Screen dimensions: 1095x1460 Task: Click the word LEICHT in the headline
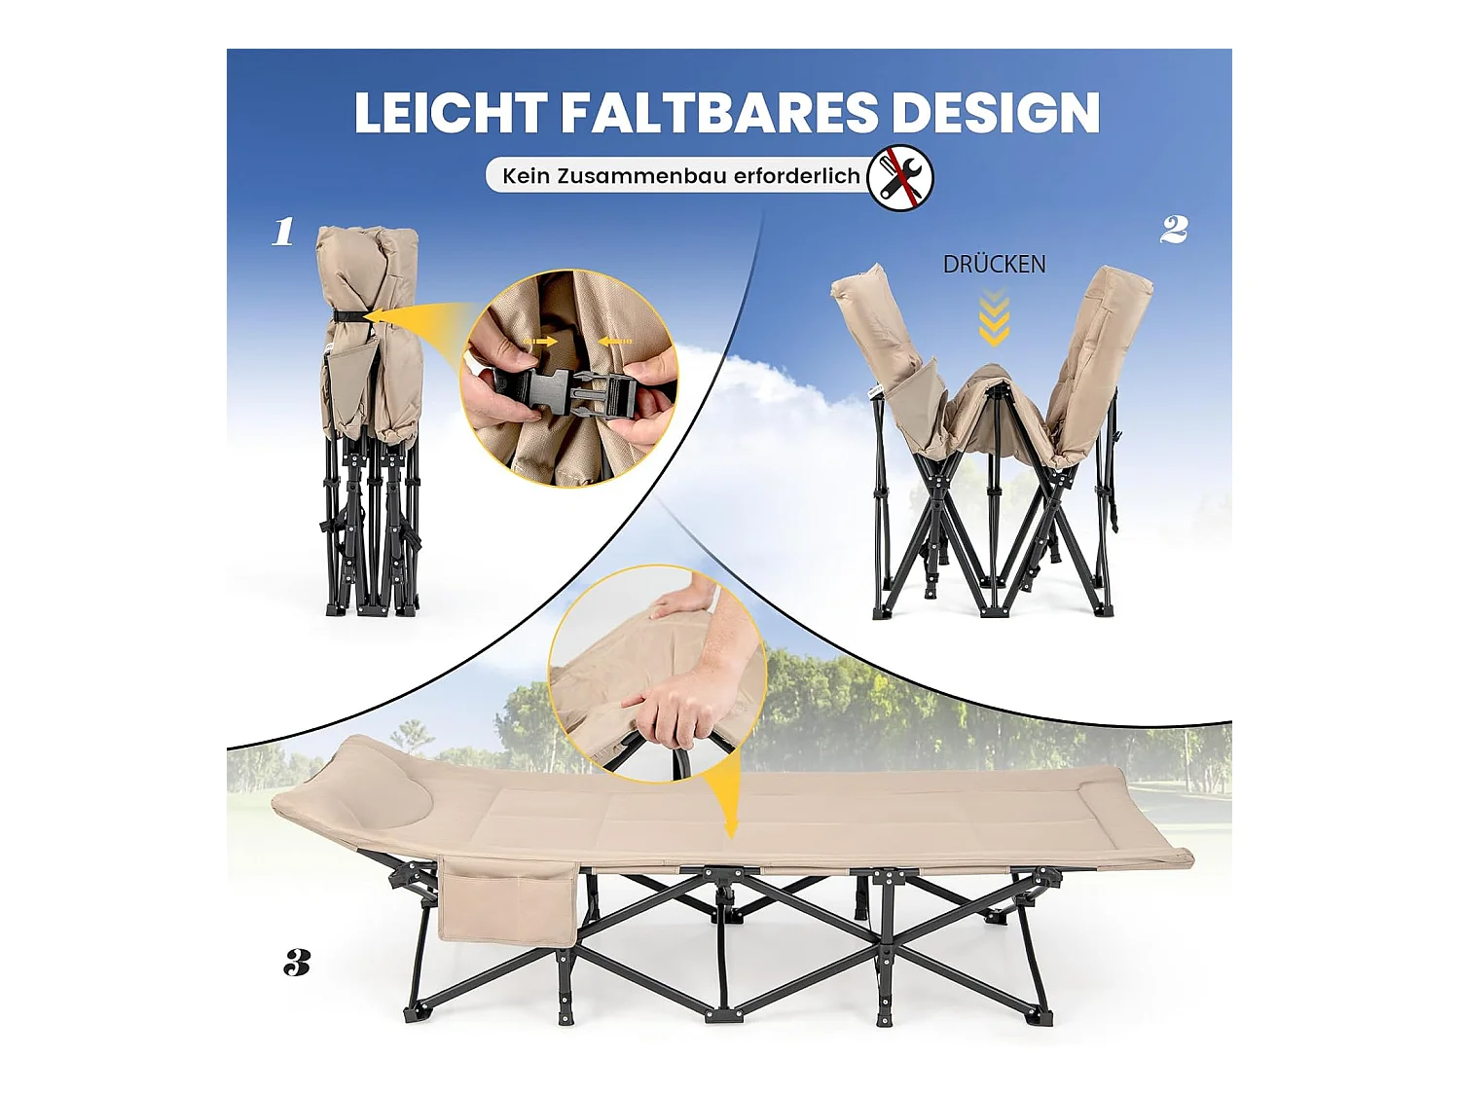pyautogui.click(x=449, y=113)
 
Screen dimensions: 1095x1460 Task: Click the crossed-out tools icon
pyautogui.click(x=900, y=177)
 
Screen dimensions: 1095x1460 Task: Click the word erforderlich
pyautogui.click(x=796, y=176)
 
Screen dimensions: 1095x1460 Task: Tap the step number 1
pyautogui.click(x=283, y=232)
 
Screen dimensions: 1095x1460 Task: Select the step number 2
pyautogui.click(x=1174, y=230)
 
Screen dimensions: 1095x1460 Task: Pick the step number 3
pyautogui.click(x=297, y=963)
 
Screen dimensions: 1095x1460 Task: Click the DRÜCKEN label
pyautogui.click(x=994, y=264)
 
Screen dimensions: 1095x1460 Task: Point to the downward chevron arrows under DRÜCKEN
pyautogui.click(x=994, y=321)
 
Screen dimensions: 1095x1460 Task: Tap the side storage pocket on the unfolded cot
pyautogui.click(x=506, y=901)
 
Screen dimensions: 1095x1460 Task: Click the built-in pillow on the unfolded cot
pyautogui.click(x=400, y=802)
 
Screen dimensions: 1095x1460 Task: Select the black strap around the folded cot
pyautogui.click(x=350, y=315)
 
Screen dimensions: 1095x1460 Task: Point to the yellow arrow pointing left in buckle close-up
pyautogui.click(x=615, y=342)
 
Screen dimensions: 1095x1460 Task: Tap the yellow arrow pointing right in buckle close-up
pyautogui.click(x=541, y=342)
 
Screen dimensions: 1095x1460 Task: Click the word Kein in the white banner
pyautogui.click(x=526, y=176)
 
